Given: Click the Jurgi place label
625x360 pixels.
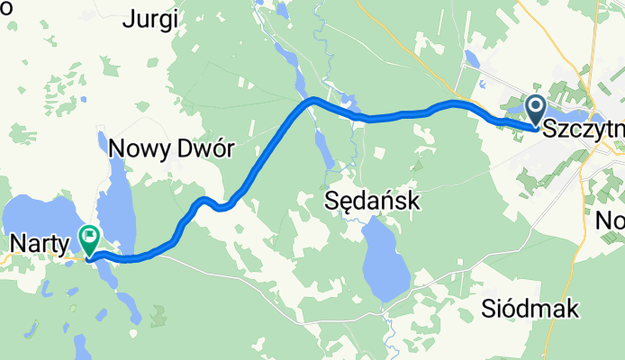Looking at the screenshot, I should pos(151,18).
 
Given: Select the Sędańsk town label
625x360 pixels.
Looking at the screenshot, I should pos(371,201).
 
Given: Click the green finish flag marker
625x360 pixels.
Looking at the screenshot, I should pos(90,238).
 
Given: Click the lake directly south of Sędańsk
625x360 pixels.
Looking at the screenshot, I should pos(382,262).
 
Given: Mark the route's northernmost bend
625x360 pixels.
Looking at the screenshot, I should pos(312,100).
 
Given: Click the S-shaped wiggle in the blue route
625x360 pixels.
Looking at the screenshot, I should pos(214,204).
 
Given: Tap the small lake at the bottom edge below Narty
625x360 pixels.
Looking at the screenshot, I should pos(79,346).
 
